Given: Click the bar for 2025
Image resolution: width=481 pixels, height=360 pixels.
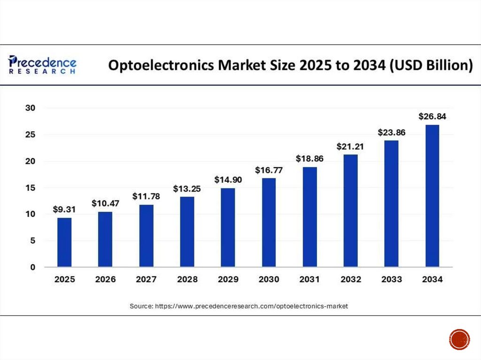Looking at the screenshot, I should [x=64, y=242].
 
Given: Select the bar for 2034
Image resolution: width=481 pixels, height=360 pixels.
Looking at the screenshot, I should [x=432, y=196].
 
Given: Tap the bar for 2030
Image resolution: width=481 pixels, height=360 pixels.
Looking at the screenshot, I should [x=269, y=222].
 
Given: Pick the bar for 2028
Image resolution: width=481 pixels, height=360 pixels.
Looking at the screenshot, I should [x=187, y=232].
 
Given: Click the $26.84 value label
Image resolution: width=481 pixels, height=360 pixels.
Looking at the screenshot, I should [x=432, y=117].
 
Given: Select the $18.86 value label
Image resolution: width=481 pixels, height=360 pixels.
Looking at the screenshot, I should [x=310, y=159].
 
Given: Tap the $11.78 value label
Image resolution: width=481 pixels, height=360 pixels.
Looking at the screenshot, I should [x=146, y=197].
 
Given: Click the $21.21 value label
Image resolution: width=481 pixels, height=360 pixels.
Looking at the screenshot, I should [x=350, y=147].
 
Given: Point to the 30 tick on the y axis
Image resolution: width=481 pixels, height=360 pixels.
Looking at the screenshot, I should [x=30, y=108].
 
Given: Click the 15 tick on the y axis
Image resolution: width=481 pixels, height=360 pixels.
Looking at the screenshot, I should [x=30, y=188].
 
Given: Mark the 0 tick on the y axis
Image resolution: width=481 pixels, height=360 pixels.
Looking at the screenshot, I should [x=32, y=267].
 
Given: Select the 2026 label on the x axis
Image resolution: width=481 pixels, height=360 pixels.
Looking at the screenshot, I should [x=105, y=280].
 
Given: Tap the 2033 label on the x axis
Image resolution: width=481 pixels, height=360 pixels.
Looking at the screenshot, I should [x=391, y=280].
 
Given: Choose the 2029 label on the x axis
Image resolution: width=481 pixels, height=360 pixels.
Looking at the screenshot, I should [x=228, y=280].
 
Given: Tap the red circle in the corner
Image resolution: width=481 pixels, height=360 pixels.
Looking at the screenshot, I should [x=458, y=339].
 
